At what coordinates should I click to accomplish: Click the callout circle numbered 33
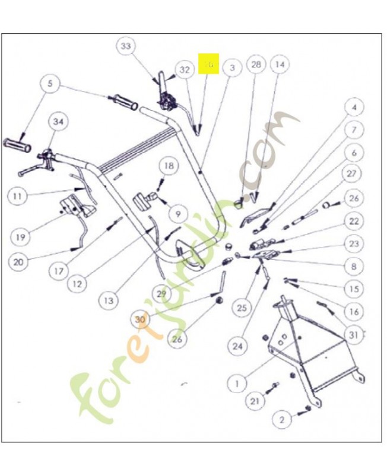(126, 46)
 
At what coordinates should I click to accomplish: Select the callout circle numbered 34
(58, 122)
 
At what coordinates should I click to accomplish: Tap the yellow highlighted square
(209, 64)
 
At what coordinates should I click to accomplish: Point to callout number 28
(256, 65)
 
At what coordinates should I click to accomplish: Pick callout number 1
(237, 384)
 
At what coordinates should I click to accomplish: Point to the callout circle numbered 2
(282, 420)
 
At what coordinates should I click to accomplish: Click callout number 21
(255, 402)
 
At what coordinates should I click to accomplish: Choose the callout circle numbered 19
(20, 237)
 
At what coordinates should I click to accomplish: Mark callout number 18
(169, 166)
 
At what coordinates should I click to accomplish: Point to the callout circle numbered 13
(108, 300)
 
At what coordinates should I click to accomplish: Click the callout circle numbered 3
(232, 68)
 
